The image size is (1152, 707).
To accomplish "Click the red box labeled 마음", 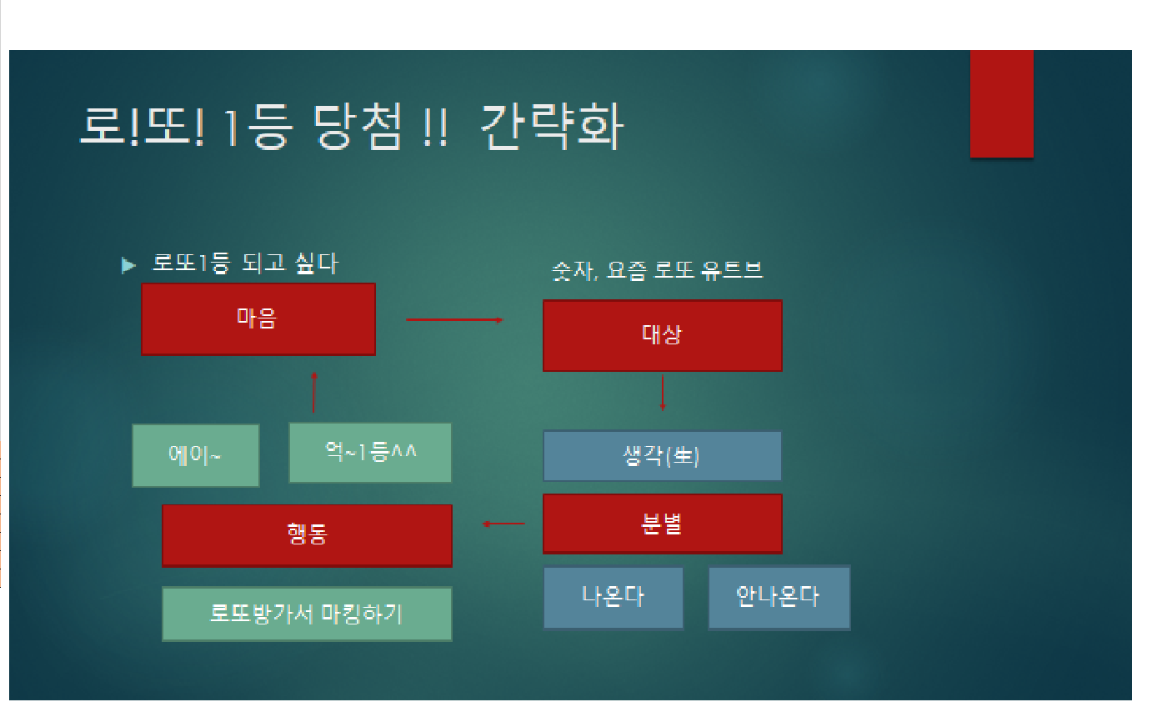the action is pyautogui.click(x=258, y=319).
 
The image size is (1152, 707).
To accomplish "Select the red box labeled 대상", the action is pyautogui.click(x=663, y=335).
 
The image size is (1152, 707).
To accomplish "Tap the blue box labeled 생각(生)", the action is pyautogui.click(x=663, y=456).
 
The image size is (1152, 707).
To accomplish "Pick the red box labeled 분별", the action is pyautogui.click(x=663, y=524).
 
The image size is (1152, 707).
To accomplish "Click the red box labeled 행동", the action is pyautogui.click(x=307, y=535).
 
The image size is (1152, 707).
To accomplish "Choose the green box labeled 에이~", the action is pyautogui.click(x=195, y=455).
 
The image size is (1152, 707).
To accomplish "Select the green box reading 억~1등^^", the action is pyautogui.click(x=370, y=453).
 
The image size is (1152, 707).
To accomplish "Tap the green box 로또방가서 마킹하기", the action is pyautogui.click(x=307, y=614).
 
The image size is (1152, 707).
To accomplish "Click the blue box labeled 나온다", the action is pyautogui.click(x=614, y=598).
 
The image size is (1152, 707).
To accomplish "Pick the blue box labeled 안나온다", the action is pyautogui.click(x=779, y=598).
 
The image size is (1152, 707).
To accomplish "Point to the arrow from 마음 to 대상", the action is pyautogui.click(x=454, y=320).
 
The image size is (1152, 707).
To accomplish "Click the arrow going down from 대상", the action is pyautogui.click(x=663, y=393).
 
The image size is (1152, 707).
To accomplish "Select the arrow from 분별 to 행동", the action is pyautogui.click(x=503, y=524).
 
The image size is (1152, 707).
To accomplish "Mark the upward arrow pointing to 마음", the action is pyautogui.click(x=313, y=392).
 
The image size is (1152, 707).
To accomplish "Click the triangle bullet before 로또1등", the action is pyautogui.click(x=128, y=265).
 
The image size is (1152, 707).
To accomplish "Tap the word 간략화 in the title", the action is pyautogui.click(x=551, y=127).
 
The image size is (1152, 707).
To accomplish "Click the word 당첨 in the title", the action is pyautogui.click(x=357, y=127).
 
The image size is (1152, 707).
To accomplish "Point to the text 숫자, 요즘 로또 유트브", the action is pyautogui.click(x=657, y=271).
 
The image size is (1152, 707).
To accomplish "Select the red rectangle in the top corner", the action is pyautogui.click(x=1002, y=104).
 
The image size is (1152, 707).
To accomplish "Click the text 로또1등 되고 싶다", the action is pyautogui.click(x=245, y=263).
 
